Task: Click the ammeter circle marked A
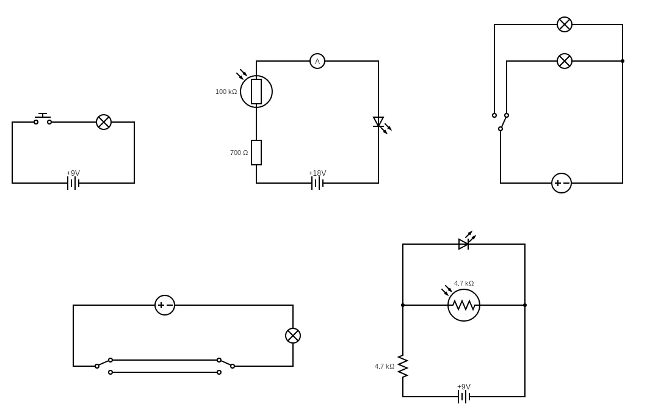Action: pyautogui.click(x=317, y=61)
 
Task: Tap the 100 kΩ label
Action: pyautogui.click(x=226, y=92)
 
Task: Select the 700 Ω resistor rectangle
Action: pyautogui.click(x=256, y=153)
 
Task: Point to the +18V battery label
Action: pyautogui.click(x=317, y=173)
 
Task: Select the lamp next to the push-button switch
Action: pyautogui.click(x=104, y=122)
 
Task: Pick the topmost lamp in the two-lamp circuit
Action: pyautogui.click(x=565, y=24)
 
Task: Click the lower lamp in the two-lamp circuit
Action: pyautogui.click(x=565, y=61)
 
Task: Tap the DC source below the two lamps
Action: pyautogui.click(x=562, y=183)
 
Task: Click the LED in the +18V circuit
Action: pyautogui.click(x=378, y=122)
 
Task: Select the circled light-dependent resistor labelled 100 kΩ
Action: pyautogui.click(x=256, y=92)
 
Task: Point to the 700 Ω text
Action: pyautogui.click(x=239, y=153)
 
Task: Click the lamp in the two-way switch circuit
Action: pyautogui.click(x=293, y=336)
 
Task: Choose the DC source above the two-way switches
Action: pyautogui.click(x=165, y=305)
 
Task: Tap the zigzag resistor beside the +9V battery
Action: pyautogui.click(x=403, y=366)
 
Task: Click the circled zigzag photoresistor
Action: pyautogui.click(x=464, y=305)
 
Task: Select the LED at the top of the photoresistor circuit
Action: pyautogui.click(x=464, y=244)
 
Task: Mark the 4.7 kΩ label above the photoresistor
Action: pyautogui.click(x=464, y=283)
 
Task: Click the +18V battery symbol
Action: pyautogui.click(x=317, y=183)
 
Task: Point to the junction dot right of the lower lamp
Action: pyautogui.click(x=623, y=61)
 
